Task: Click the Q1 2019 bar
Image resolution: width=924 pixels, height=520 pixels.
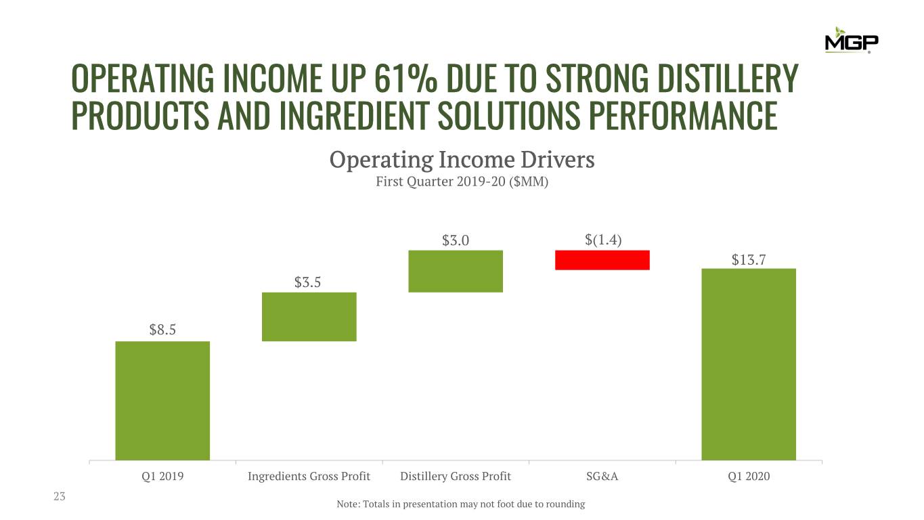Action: [x=162, y=400]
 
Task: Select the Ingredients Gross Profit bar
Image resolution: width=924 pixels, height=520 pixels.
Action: [x=309, y=316]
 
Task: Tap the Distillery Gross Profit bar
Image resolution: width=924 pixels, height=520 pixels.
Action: [x=456, y=271]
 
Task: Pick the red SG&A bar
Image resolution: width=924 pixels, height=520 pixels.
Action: [x=602, y=260]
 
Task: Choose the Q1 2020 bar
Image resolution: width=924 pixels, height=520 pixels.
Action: [x=748, y=364]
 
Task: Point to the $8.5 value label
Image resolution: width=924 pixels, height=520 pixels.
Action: [x=162, y=330]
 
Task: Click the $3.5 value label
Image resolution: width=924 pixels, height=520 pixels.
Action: [x=307, y=282]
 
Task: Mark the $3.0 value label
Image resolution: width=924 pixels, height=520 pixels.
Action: [x=456, y=240]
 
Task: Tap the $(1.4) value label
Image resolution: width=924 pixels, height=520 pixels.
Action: [x=603, y=240]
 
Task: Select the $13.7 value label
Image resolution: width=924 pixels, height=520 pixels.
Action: [x=749, y=259]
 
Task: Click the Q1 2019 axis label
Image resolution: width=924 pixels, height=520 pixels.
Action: [x=162, y=477]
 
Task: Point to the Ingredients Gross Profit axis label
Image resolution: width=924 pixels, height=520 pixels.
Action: [x=309, y=477]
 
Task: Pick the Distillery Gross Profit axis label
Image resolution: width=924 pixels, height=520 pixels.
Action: [x=456, y=477]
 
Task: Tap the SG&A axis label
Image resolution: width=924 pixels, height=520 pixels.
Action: [x=602, y=477]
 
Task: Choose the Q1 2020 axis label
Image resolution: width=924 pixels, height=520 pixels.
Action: [x=749, y=477]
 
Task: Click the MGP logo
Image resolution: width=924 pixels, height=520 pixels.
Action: [x=852, y=41]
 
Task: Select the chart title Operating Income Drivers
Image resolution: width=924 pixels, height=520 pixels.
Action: [x=462, y=160]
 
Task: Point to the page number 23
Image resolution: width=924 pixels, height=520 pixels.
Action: [x=60, y=497]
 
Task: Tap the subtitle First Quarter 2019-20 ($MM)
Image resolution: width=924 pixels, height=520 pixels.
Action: [x=462, y=182]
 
